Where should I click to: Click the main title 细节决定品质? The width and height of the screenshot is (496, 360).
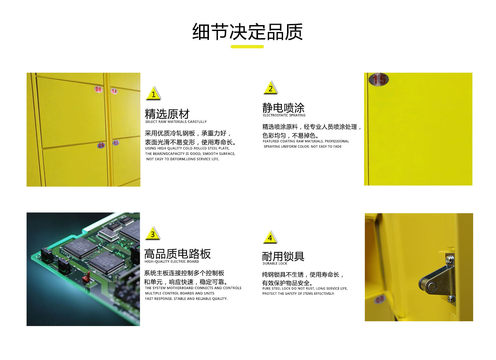248,32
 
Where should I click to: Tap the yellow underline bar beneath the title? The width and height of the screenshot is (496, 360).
247,46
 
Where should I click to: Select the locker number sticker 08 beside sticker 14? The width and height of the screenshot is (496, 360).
98,89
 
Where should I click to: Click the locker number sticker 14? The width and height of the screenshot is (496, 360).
114,91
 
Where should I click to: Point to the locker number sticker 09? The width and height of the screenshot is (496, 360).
101,145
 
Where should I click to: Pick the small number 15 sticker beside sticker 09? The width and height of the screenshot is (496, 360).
116,143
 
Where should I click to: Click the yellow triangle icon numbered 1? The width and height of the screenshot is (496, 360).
153,94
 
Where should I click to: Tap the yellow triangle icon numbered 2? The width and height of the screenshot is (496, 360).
270,88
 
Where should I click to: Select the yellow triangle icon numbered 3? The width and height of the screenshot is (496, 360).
153,233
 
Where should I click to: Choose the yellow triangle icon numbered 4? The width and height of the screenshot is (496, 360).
270,238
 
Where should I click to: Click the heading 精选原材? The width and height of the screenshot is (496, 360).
167,114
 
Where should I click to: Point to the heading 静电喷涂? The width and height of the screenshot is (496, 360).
283,108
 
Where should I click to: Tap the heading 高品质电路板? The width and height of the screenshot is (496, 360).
177,254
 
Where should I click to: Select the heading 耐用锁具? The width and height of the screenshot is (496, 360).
283,256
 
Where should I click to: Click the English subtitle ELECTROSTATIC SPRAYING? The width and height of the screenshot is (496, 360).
284,115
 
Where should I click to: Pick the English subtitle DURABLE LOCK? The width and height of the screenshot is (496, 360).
275,264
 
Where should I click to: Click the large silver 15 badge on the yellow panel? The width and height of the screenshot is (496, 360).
378,79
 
